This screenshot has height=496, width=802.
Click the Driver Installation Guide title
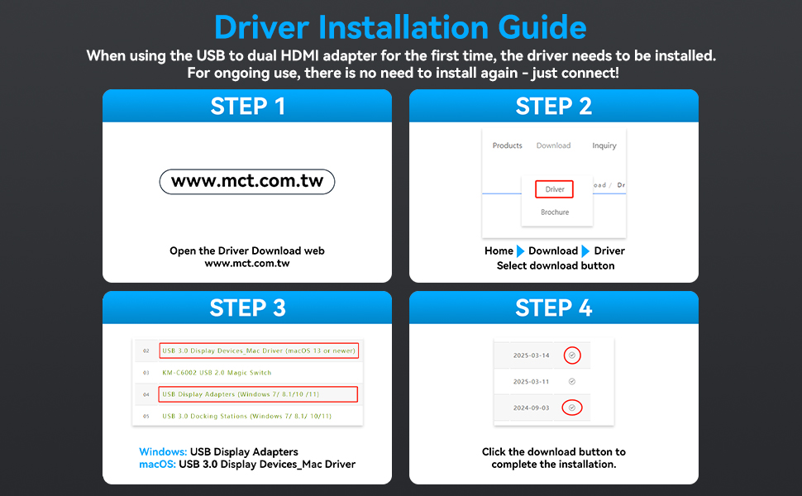pos(400,27)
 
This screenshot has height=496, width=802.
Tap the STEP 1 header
pos(247,107)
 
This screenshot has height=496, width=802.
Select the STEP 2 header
pos(553,107)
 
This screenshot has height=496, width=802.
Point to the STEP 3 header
pos(247,308)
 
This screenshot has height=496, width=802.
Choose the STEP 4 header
pos(553,308)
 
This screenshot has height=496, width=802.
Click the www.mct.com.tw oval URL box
pos(247,182)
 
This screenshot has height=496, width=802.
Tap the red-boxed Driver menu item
pos(555,189)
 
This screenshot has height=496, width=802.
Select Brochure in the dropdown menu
pos(555,212)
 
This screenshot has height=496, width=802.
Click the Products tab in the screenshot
pos(508,145)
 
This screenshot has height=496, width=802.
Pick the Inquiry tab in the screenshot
pos(604,145)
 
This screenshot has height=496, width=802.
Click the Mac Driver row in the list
pos(259,351)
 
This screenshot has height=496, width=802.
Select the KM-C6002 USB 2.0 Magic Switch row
pos(217,373)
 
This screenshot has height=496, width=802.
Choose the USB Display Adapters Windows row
pos(258,394)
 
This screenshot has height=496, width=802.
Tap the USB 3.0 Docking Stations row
pos(247,417)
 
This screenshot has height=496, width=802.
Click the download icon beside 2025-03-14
pos(572,355)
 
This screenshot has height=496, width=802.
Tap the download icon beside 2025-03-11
pos(572,381)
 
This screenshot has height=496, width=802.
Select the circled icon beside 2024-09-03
pos(572,408)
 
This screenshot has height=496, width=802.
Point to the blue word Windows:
pos(163,452)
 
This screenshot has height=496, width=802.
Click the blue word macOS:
pos(158,465)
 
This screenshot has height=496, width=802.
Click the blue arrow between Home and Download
pos(520,251)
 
